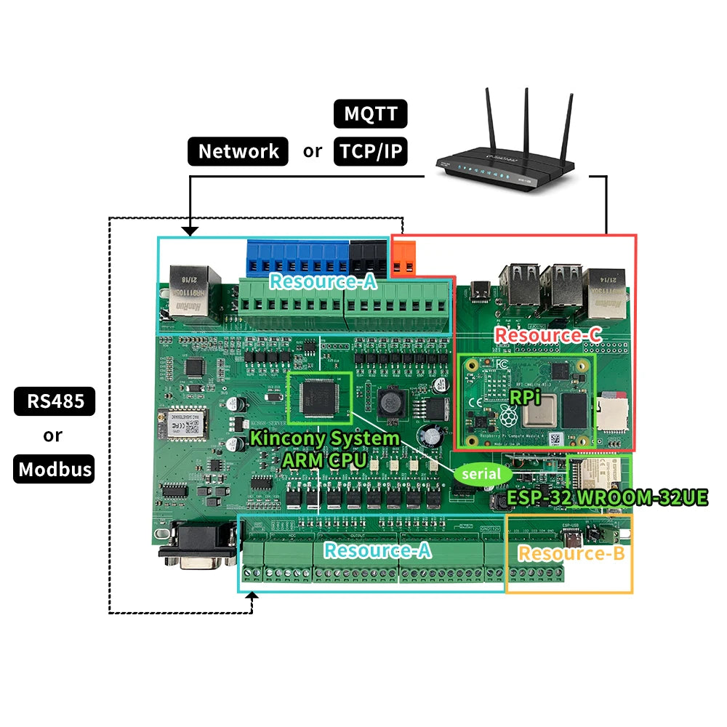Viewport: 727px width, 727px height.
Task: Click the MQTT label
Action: (x=370, y=114)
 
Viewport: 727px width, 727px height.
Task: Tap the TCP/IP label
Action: (x=370, y=151)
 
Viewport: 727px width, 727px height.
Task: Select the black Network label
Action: (x=238, y=151)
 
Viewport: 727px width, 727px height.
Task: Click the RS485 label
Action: (x=55, y=401)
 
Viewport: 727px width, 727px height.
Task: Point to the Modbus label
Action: (x=55, y=469)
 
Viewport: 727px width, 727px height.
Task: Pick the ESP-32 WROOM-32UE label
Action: (x=606, y=498)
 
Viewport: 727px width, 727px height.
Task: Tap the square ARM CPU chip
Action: (x=320, y=398)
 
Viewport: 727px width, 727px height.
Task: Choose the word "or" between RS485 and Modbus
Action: (x=53, y=435)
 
